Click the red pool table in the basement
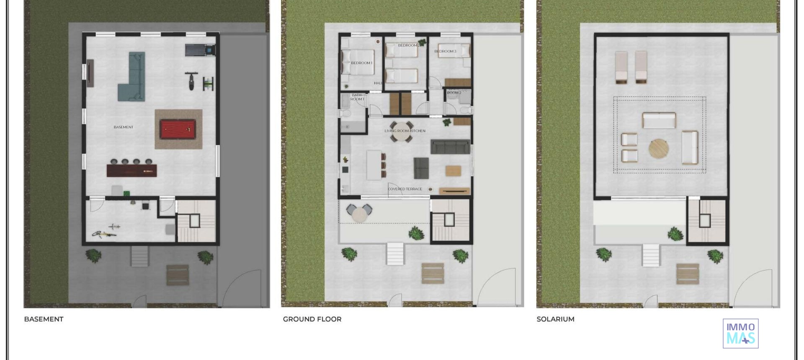click(178, 129)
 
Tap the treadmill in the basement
click(200, 50)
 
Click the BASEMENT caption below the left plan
click(44, 319)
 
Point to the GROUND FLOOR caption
click(312, 319)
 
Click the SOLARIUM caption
click(555, 319)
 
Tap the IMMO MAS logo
click(740, 333)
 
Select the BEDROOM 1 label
click(361, 63)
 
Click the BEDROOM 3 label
click(445, 51)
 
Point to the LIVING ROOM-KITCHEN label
click(405, 131)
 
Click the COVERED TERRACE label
click(405, 189)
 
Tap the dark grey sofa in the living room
click(450, 147)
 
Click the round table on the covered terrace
click(359, 215)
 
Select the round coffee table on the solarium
click(658, 149)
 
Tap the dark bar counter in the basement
click(131, 170)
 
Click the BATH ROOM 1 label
click(357, 97)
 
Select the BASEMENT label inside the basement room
click(124, 127)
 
